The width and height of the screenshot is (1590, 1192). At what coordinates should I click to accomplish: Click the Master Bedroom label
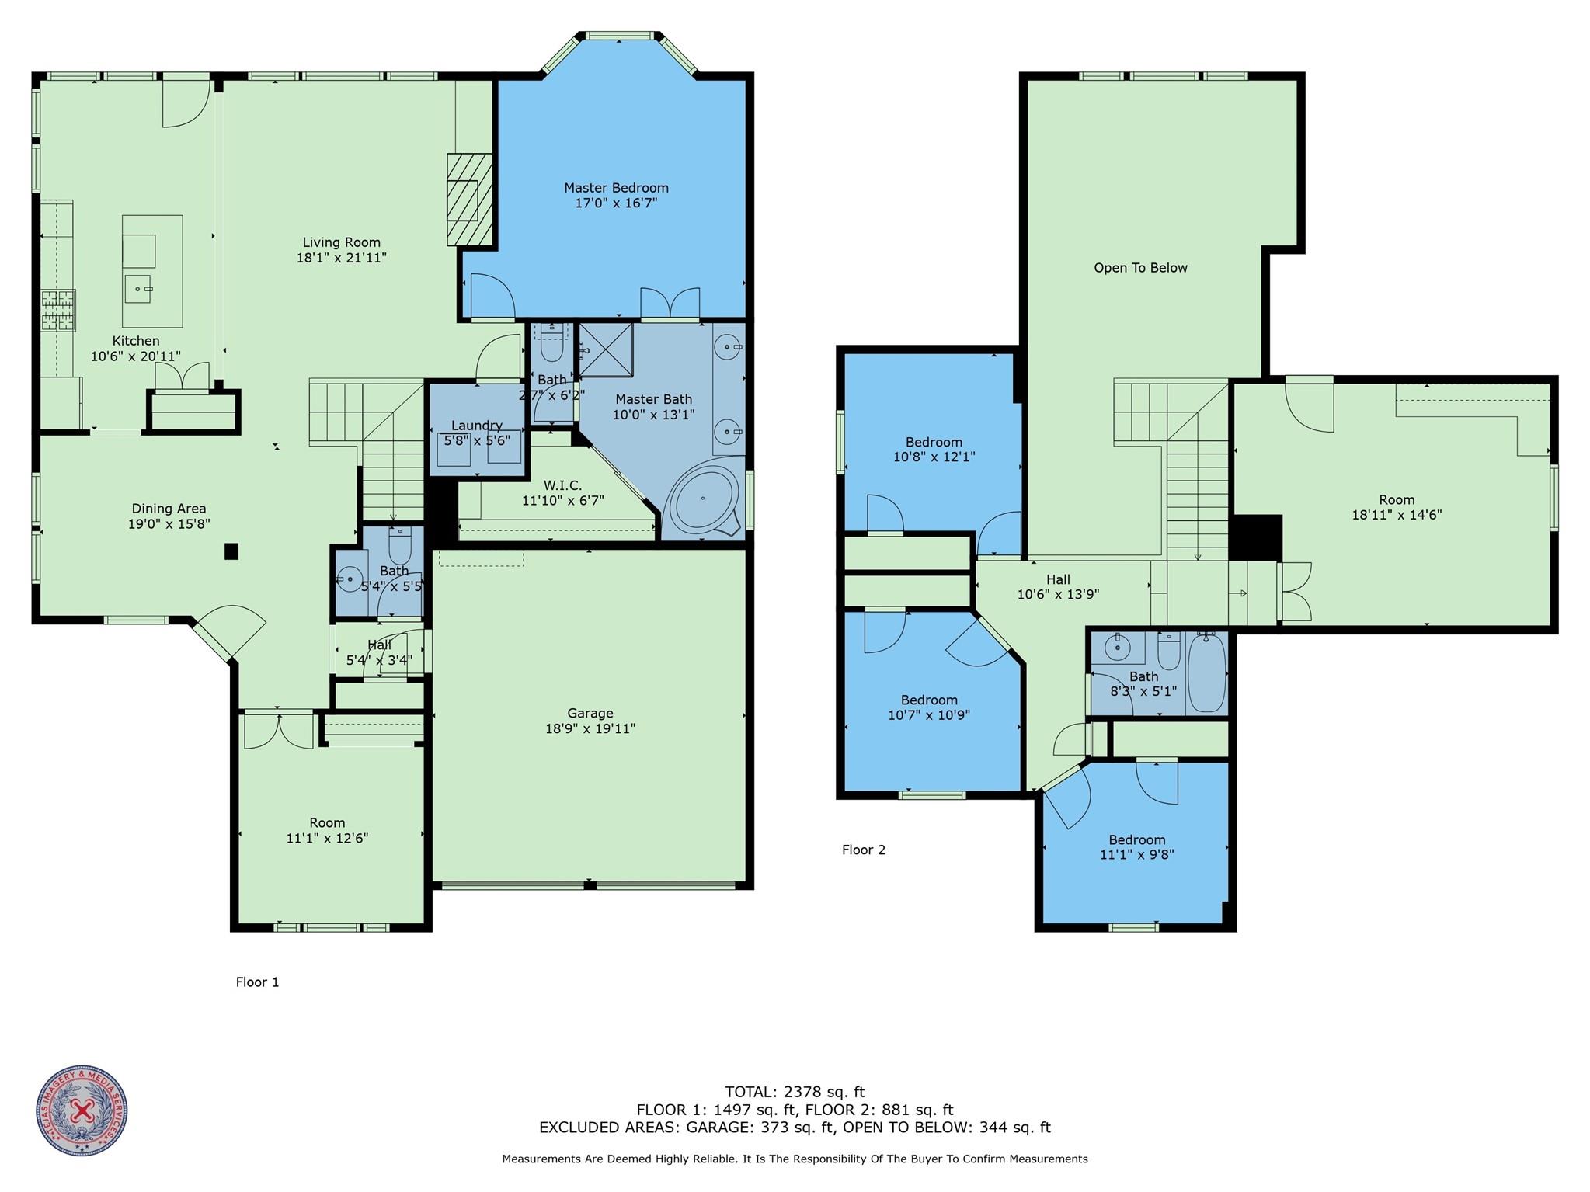point(616,188)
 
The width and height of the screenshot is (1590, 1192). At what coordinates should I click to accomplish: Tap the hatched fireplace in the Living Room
point(470,200)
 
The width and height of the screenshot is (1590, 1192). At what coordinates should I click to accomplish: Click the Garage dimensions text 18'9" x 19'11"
point(590,728)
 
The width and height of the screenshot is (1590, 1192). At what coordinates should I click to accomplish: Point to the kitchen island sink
point(140,288)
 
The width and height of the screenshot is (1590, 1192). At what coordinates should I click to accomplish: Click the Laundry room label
point(476,426)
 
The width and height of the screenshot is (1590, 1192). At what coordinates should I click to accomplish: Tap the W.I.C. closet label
point(562,486)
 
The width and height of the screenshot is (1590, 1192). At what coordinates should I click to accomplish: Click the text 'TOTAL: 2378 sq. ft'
point(795,1092)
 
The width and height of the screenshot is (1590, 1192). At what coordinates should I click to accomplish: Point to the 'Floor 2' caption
point(863,850)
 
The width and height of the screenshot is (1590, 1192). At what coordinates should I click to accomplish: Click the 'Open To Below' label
point(1140,268)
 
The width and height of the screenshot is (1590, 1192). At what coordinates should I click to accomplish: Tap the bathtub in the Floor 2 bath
point(1206,672)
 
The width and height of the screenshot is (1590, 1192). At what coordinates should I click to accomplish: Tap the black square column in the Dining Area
point(231,551)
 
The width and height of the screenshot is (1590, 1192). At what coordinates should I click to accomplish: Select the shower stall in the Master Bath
point(605,349)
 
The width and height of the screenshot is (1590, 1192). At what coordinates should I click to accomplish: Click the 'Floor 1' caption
point(257,982)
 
